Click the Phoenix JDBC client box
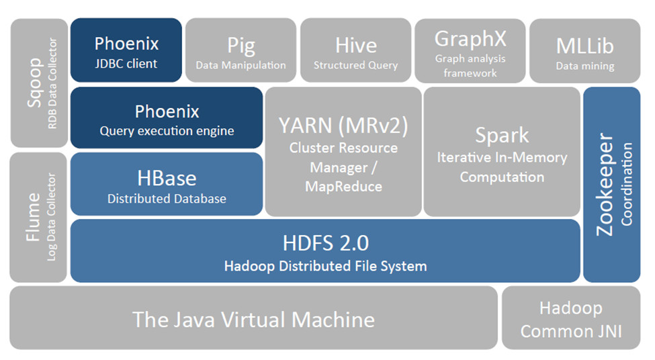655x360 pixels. pos(126,51)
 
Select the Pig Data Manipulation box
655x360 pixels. pos(241,51)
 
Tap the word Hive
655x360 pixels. pos(355,45)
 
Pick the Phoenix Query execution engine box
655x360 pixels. pos(167,118)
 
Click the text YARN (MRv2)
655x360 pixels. pos(343,125)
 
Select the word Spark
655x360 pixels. pos(502,135)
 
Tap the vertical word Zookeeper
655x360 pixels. pos(605,184)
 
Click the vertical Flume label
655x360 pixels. pos(34,216)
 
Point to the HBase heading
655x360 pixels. pos(167,178)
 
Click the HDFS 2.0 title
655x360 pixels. pos(325,243)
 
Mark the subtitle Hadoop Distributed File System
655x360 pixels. pos(325,266)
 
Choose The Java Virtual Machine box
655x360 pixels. pos(253,318)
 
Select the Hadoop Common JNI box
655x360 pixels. pos(571,318)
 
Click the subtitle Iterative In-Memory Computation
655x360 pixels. pos(502,167)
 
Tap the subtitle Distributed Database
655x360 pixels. pos(167,199)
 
